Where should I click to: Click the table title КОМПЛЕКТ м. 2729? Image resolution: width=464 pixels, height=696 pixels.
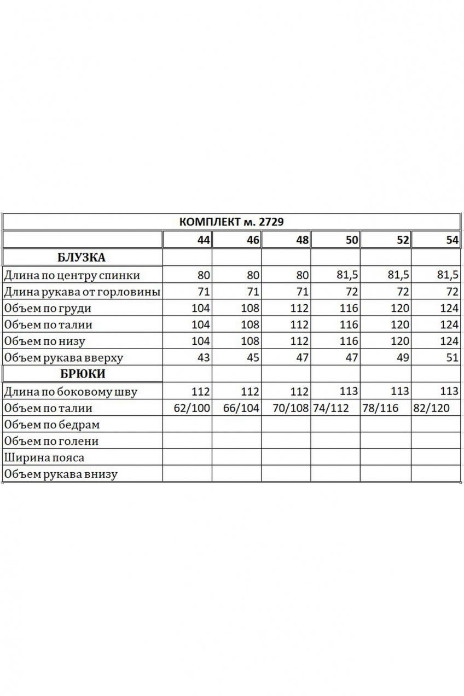[x=231, y=222]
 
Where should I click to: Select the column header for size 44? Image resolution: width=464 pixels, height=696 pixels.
[x=204, y=240]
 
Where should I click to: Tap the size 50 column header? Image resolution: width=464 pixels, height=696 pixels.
[x=352, y=240]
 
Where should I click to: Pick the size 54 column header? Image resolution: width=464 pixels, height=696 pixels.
[x=452, y=240]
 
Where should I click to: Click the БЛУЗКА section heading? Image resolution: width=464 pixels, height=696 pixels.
[x=81, y=257]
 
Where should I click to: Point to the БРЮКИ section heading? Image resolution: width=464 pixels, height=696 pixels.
[x=81, y=374]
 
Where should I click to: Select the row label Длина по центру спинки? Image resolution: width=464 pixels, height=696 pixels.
[x=72, y=275]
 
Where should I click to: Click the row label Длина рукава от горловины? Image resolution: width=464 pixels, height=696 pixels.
[x=82, y=292]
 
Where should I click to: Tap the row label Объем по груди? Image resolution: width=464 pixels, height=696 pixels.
[x=47, y=308]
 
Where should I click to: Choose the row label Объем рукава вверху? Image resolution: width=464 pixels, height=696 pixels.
[x=63, y=358]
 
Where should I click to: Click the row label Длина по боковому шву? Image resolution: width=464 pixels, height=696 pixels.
[x=70, y=392]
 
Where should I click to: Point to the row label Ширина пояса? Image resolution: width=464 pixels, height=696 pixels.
[x=44, y=457]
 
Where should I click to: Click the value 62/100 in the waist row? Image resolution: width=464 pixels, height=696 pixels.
[x=191, y=408]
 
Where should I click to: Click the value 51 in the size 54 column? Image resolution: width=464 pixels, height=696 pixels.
[x=451, y=358]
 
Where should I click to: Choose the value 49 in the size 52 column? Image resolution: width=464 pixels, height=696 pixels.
[x=402, y=358]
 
